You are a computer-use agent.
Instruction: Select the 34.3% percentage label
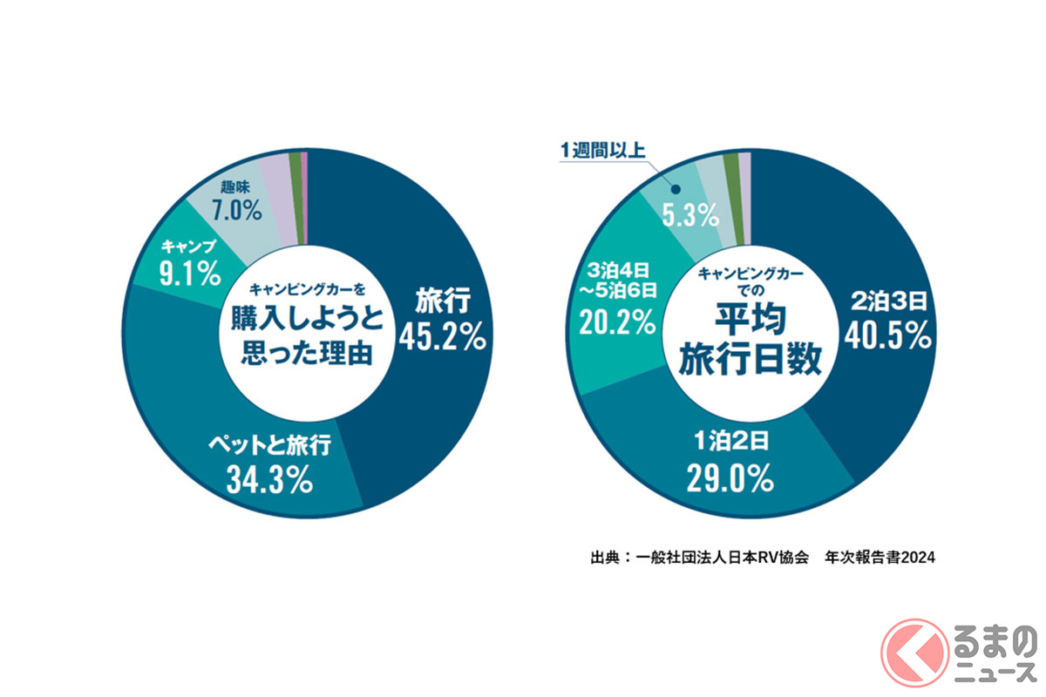click(x=269, y=481)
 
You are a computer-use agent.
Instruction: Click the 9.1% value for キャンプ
click(x=187, y=277)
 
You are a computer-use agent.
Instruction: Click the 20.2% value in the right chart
click(x=617, y=322)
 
